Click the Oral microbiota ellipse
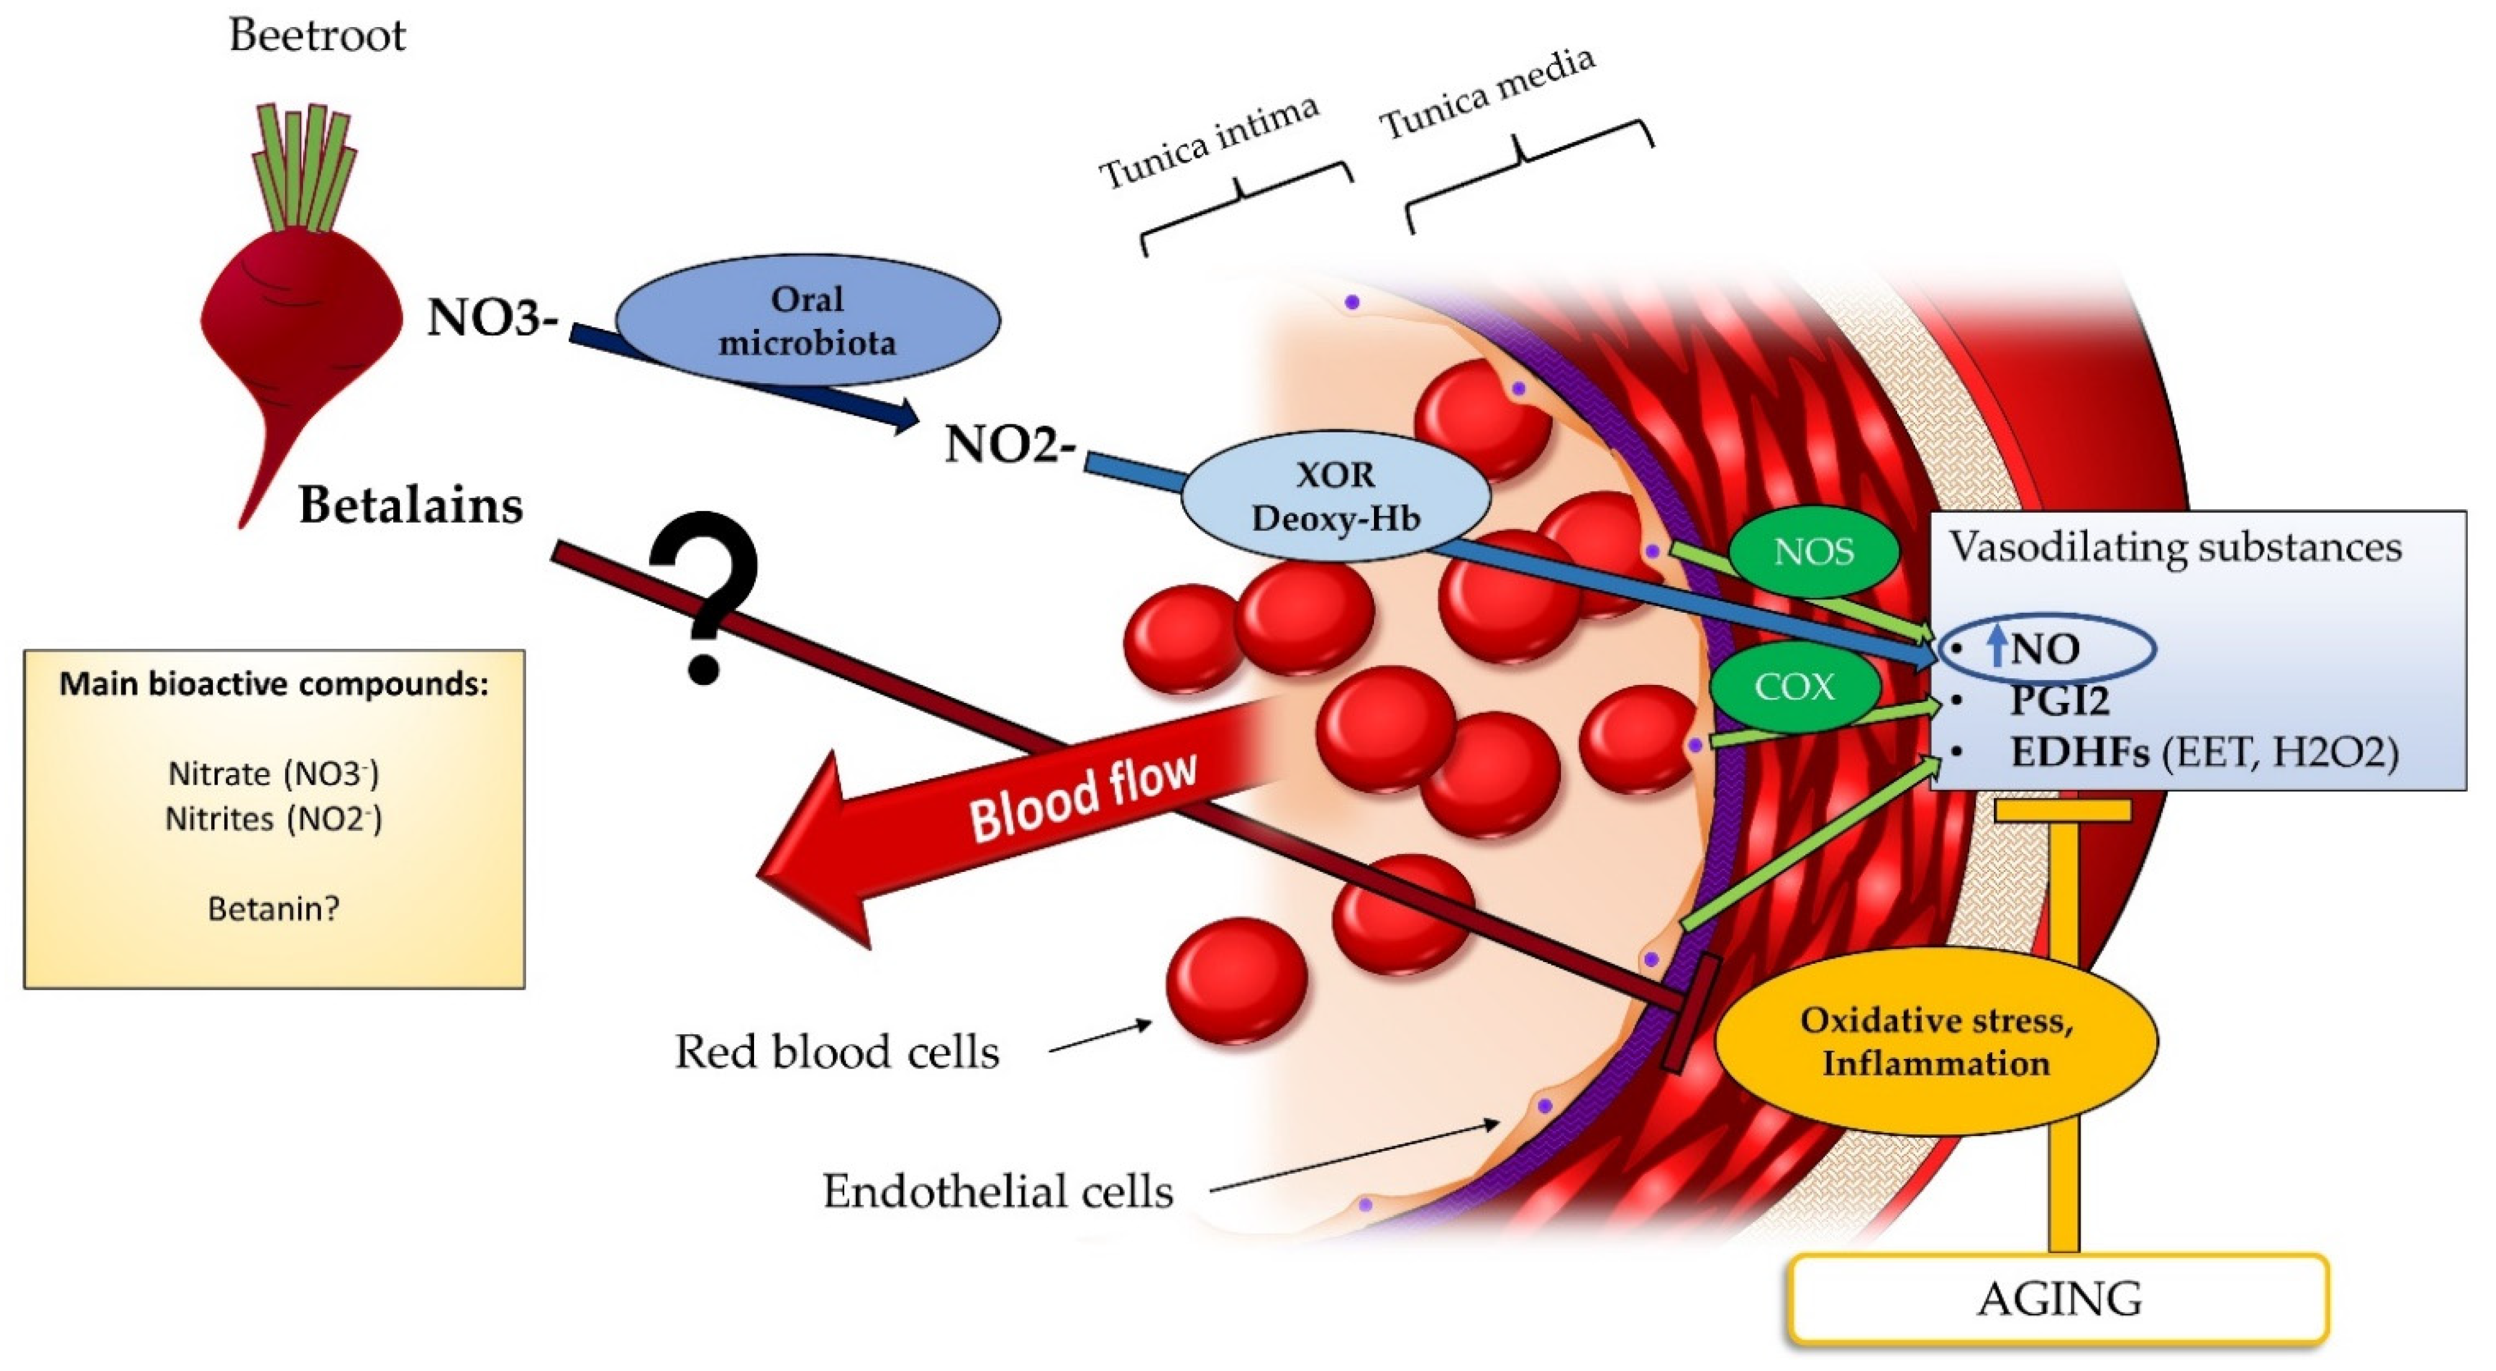(807, 320)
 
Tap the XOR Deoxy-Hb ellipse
(1335, 496)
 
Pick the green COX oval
(1794, 687)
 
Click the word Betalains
(411, 505)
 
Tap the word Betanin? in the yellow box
(273, 909)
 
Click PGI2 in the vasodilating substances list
(2059, 699)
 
